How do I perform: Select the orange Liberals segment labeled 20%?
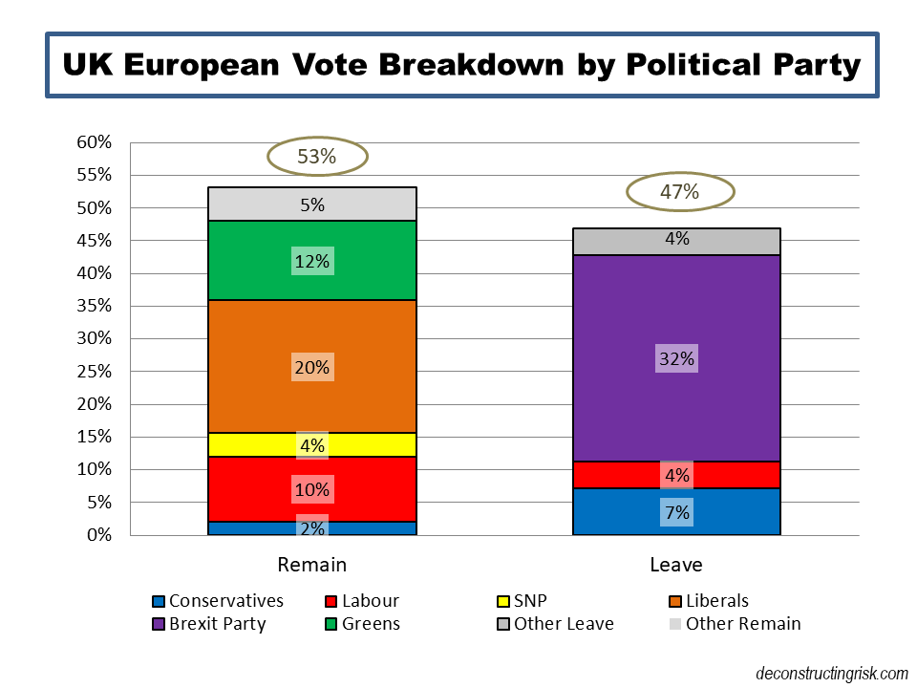312,367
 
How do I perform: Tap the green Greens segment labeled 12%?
312,261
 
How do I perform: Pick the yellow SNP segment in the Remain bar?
312,444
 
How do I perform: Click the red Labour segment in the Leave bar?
676,475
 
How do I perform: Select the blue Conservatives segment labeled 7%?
676,512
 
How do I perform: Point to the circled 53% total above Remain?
316,157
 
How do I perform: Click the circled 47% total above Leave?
679,191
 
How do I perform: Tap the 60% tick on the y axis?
95,142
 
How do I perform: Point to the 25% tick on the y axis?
95,372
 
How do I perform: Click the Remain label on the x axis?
312,565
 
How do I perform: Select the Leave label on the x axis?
676,565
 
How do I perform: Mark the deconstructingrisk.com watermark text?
831,673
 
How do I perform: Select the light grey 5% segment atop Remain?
312,204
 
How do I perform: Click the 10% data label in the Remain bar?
312,489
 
